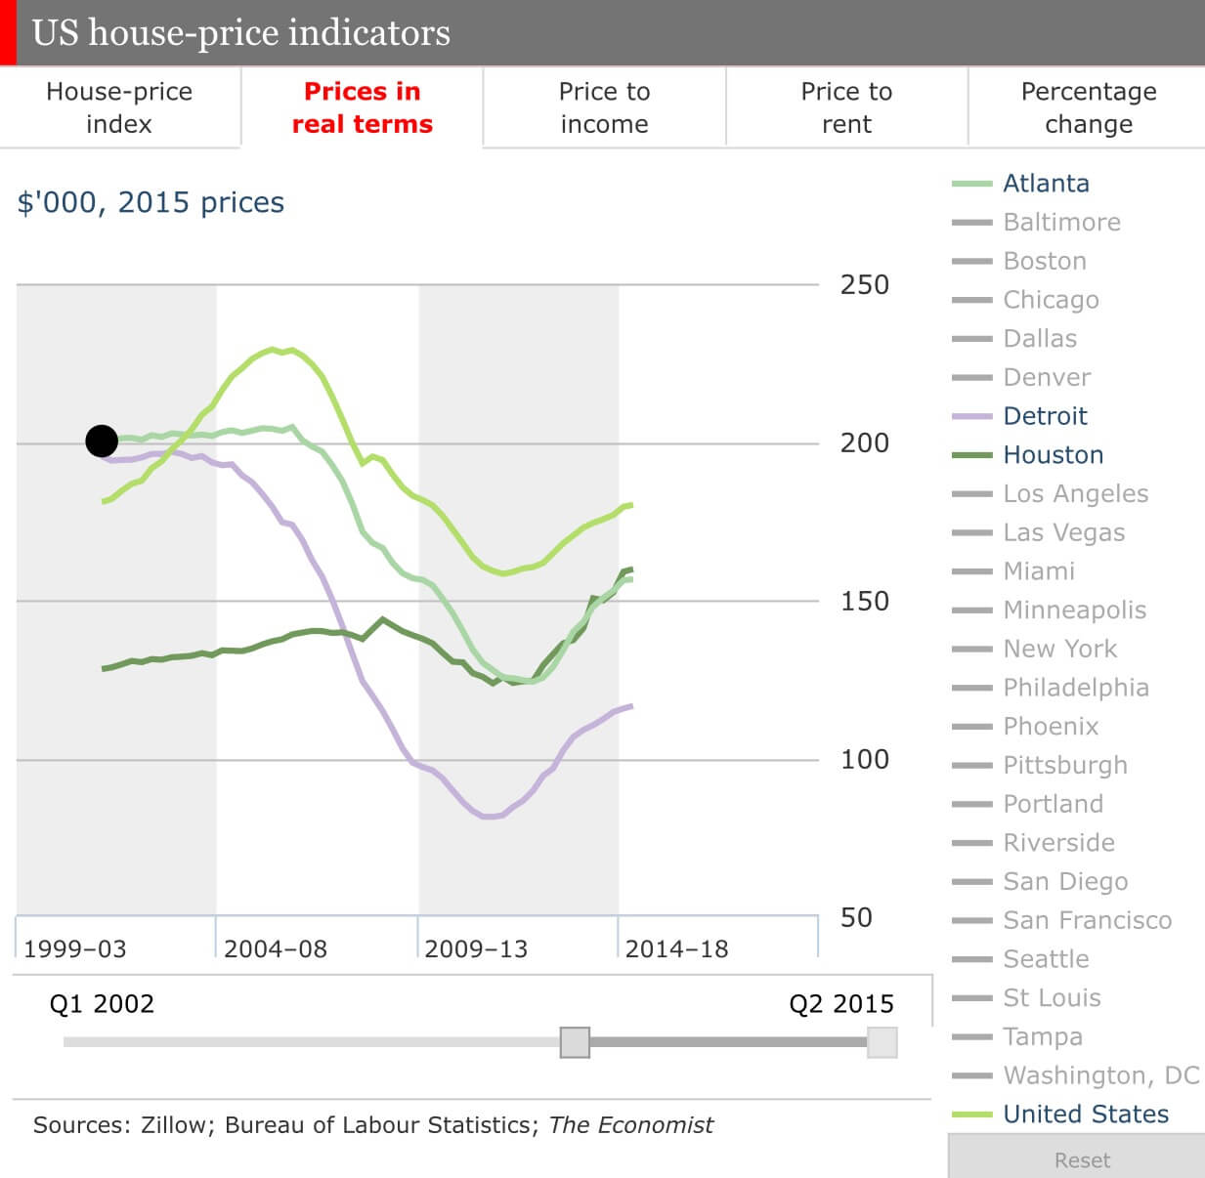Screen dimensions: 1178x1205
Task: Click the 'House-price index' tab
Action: (119, 107)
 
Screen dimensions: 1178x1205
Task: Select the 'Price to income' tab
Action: (604, 107)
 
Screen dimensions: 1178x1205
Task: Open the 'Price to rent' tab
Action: (846, 107)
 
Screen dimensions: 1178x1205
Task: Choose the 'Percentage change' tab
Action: (1088, 107)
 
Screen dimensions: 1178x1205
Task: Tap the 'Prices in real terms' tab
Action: (362, 107)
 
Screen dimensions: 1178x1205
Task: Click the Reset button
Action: (1082, 1159)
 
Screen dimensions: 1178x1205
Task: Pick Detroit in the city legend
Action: (1045, 416)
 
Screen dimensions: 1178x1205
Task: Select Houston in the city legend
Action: (1053, 455)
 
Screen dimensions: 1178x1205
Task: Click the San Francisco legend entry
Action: (1087, 920)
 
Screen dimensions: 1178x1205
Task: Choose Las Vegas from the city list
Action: (1063, 532)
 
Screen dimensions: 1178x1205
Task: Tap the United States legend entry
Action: (1085, 1114)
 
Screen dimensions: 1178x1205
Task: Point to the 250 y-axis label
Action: (865, 285)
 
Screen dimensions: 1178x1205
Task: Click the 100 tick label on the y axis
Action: (865, 759)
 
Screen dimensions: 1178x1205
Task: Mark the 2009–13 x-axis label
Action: (476, 948)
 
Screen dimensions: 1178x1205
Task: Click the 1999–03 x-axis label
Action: (75, 948)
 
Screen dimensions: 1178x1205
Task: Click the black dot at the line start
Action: (102, 442)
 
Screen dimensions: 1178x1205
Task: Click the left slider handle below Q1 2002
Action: (575, 1042)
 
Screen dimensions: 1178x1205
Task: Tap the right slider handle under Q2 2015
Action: (882, 1042)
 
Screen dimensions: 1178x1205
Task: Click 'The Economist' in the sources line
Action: (630, 1125)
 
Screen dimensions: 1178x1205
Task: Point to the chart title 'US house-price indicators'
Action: (241, 33)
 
